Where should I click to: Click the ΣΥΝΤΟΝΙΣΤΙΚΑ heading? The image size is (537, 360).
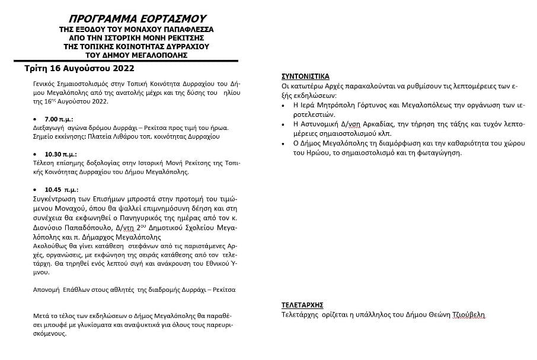click(x=305, y=77)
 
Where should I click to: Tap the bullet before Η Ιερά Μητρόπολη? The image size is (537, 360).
click(x=286, y=105)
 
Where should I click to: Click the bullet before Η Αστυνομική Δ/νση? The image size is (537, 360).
click(x=286, y=125)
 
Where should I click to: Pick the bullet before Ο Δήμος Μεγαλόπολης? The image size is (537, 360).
click(x=286, y=144)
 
